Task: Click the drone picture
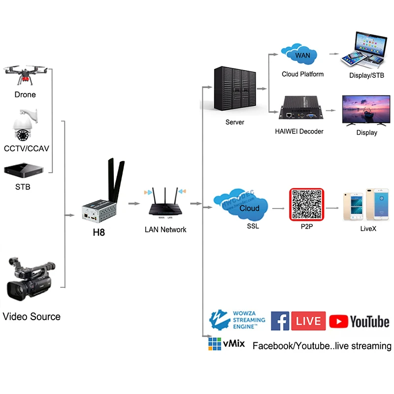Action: click(25, 73)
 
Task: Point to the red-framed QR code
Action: click(306, 204)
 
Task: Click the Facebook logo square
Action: click(280, 321)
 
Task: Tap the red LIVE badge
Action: click(308, 321)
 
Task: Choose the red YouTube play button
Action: click(338, 322)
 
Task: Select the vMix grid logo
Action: click(215, 343)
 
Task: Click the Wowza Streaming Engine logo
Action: click(237, 320)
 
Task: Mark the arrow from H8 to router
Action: click(133, 203)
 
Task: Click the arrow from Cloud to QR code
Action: click(278, 208)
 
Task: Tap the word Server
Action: click(234, 122)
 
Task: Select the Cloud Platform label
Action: click(302, 74)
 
